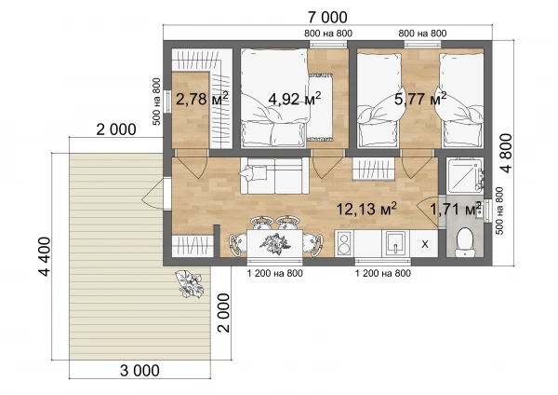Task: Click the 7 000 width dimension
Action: pyautogui.click(x=327, y=17)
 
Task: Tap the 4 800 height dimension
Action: pyautogui.click(x=506, y=153)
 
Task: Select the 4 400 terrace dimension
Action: pyautogui.click(x=45, y=257)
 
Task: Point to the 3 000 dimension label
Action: pyautogui.click(x=139, y=371)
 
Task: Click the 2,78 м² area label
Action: pyautogui.click(x=202, y=99)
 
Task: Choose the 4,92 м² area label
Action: pyautogui.click(x=295, y=99)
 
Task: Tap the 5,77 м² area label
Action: pyautogui.click(x=420, y=99)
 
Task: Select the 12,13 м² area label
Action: pyautogui.click(x=366, y=209)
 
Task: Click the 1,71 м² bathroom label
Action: pyautogui.click(x=456, y=209)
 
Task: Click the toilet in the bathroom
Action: pyautogui.click(x=465, y=242)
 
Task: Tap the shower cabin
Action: pyautogui.click(x=465, y=175)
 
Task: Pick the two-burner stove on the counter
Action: pyautogui.click(x=344, y=243)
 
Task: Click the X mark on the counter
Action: pyautogui.click(x=425, y=244)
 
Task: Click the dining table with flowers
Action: pyautogui.click(x=274, y=243)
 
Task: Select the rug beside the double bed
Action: pyautogui.click(x=320, y=106)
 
